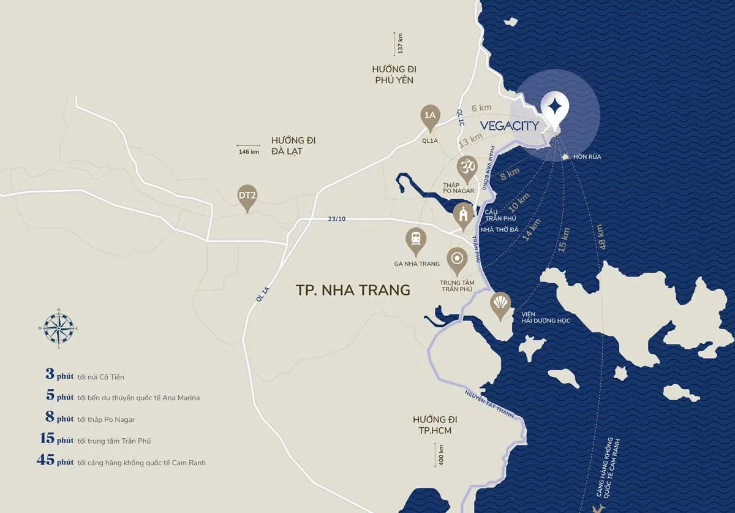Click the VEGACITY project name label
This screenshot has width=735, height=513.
509,126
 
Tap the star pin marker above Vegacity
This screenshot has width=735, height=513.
554,109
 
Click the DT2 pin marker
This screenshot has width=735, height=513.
247,197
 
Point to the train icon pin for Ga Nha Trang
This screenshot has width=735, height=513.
416,241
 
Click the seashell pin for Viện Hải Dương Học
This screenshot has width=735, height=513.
501,304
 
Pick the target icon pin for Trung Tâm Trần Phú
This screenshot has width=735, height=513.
457,260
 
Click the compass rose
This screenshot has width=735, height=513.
58,327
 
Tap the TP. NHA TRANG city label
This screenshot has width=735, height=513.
353,290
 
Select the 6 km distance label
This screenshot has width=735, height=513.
481,108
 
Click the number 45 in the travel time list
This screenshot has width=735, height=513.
46,461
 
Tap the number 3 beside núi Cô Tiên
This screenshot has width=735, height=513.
50,374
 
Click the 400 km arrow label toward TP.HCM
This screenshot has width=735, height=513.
438,455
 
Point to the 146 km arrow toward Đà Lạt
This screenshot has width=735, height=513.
249,151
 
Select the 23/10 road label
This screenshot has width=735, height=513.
336,219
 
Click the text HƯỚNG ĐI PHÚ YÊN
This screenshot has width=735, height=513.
393,74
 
